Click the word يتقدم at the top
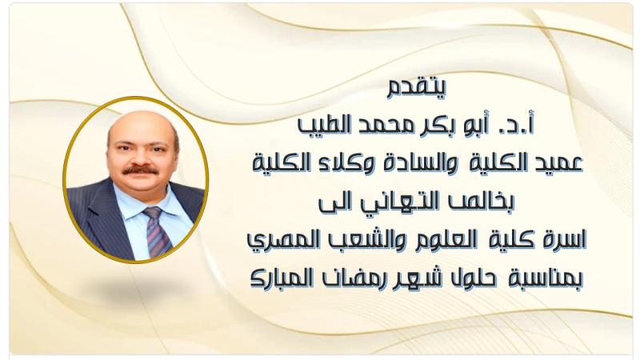[417, 88]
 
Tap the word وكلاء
[337, 164]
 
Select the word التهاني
[395, 202]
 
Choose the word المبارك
[282, 278]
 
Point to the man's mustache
[141, 170]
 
